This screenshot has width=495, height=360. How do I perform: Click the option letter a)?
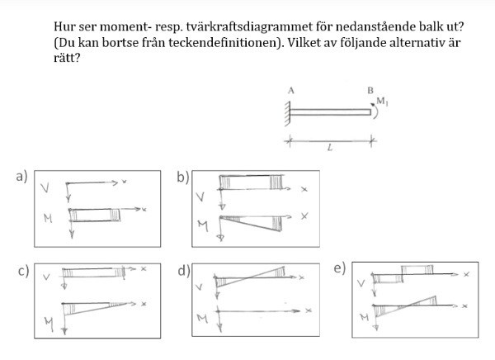click(21, 175)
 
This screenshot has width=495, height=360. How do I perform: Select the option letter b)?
click(183, 175)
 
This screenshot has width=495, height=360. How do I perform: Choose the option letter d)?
click(183, 271)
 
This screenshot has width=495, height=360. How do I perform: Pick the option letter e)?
click(339, 271)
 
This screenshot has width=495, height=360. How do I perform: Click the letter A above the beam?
click(291, 91)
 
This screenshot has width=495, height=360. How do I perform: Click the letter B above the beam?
click(370, 91)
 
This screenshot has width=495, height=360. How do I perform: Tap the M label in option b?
click(203, 225)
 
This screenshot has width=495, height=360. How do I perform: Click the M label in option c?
click(48, 324)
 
